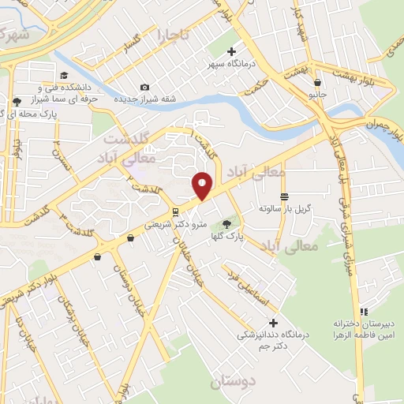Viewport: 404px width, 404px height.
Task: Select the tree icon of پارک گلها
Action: tap(227, 224)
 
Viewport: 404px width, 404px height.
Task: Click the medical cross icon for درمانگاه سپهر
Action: tap(231, 52)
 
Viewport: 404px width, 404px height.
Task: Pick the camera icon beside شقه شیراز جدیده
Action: tap(144, 87)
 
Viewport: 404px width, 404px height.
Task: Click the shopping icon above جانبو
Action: tap(317, 82)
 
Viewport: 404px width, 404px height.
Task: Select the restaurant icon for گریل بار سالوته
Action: tap(283, 196)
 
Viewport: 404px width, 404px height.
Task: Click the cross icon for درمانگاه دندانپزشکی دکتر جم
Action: tap(273, 322)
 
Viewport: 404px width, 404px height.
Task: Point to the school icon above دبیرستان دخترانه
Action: tap(364, 312)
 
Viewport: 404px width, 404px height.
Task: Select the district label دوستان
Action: tap(234, 383)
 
